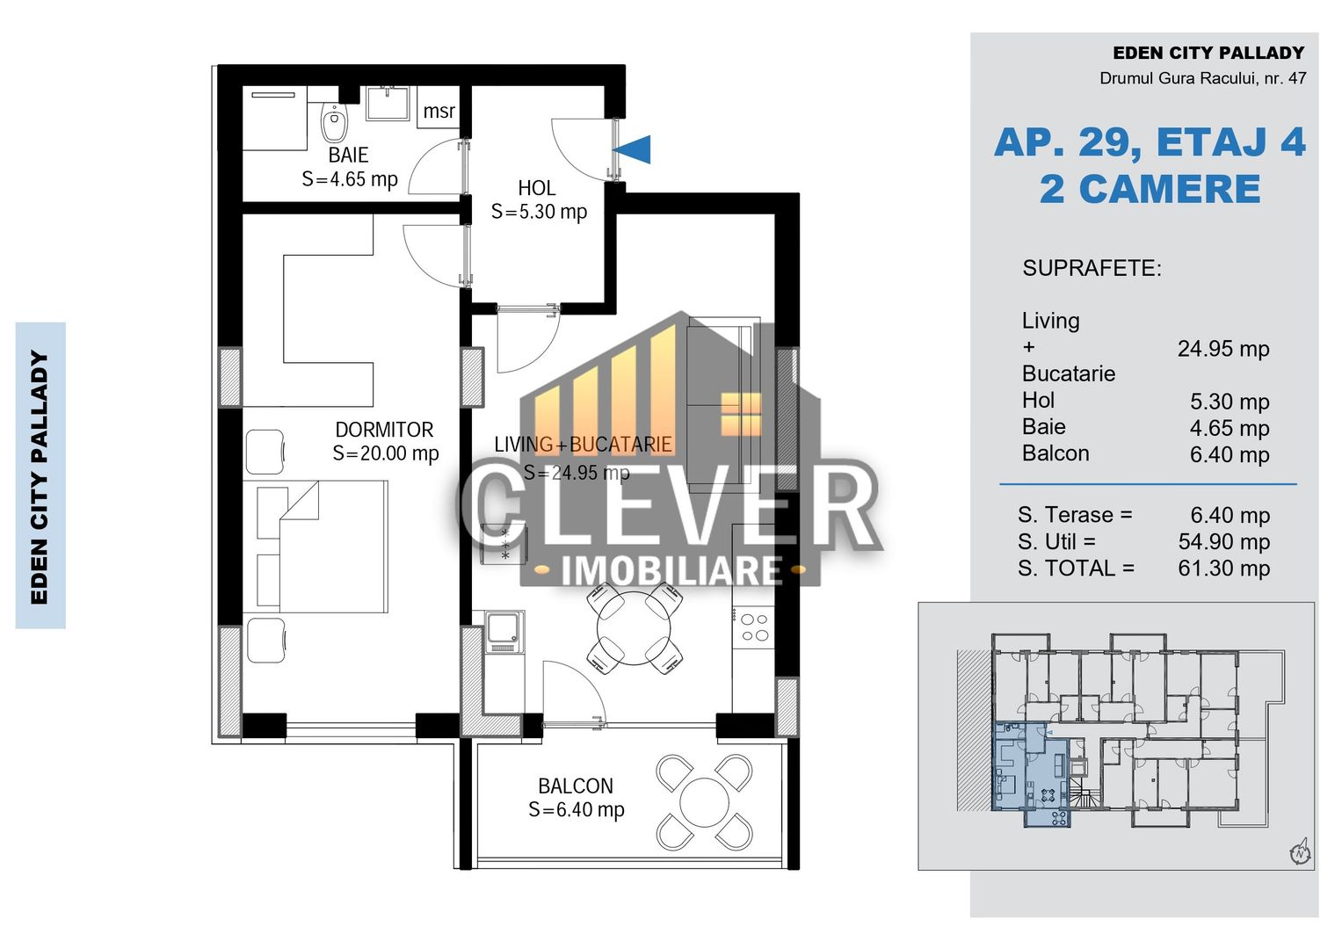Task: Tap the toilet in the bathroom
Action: (x=334, y=123)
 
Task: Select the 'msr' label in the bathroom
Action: (x=439, y=112)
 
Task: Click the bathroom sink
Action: (x=387, y=103)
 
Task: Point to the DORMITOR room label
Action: (x=384, y=430)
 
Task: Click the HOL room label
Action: (x=536, y=188)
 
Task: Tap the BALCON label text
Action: (x=576, y=786)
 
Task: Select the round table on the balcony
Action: (x=704, y=802)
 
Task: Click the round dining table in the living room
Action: (x=634, y=629)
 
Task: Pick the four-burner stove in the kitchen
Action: (x=754, y=627)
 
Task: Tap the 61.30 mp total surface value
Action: (x=1223, y=569)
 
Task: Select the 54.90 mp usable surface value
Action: (x=1223, y=541)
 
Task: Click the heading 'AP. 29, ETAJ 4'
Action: (x=1150, y=142)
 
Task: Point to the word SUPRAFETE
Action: (x=1092, y=268)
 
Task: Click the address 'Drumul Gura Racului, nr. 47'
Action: (x=1202, y=78)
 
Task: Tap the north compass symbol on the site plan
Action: (x=1300, y=851)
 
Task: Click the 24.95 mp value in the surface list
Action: (x=1223, y=349)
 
